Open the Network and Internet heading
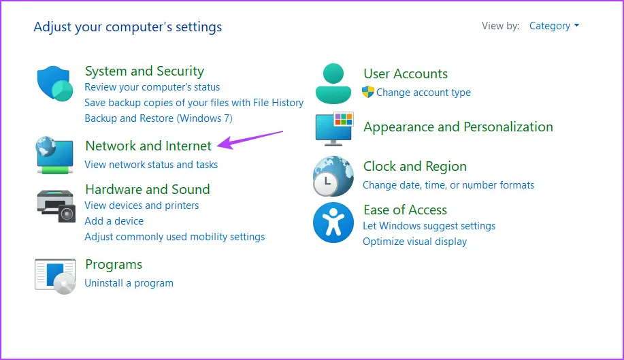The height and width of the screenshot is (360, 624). pyautogui.click(x=148, y=146)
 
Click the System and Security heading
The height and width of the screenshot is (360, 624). pyautogui.click(x=144, y=71)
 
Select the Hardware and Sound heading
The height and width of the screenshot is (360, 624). pyautogui.click(x=147, y=189)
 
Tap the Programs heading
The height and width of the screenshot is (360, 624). pyautogui.click(x=114, y=265)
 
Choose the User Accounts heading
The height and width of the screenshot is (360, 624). pyautogui.click(x=406, y=73)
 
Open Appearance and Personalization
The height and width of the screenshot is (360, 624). pyautogui.click(x=458, y=127)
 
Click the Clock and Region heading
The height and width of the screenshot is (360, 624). pyautogui.click(x=414, y=166)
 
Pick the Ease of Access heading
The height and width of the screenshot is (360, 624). pyautogui.click(x=405, y=210)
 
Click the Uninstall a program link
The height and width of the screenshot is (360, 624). pyautogui.click(x=129, y=283)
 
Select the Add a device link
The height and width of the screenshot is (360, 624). pyautogui.click(x=114, y=221)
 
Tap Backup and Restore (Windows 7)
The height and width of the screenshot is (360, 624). pyautogui.click(x=159, y=118)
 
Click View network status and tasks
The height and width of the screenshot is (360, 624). pyautogui.click(x=151, y=165)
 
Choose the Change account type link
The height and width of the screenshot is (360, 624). pyautogui.click(x=423, y=93)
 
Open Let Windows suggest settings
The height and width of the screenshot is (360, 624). pyautogui.click(x=429, y=226)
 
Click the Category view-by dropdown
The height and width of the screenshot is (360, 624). pyautogui.click(x=554, y=26)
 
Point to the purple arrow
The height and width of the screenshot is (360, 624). pyautogui.click(x=250, y=140)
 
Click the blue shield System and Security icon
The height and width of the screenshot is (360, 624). pyautogui.click(x=55, y=84)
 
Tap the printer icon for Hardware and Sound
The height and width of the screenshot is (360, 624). pyautogui.click(x=56, y=206)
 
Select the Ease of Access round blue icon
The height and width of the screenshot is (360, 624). pyautogui.click(x=333, y=223)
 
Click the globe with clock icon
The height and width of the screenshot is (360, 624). pyautogui.click(x=333, y=176)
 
